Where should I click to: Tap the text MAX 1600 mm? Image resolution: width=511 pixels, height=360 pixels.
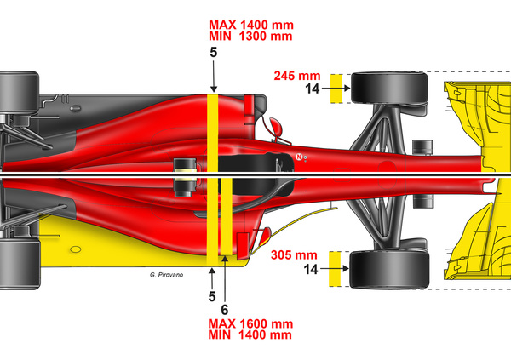pyautogui.click(x=250, y=323)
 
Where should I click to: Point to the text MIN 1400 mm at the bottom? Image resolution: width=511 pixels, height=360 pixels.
pyautogui.click(x=250, y=335)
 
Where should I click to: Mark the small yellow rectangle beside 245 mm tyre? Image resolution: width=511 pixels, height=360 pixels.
pyautogui.click(x=336, y=88)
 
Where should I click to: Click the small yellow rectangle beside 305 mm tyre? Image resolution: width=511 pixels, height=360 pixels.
pyautogui.click(x=336, y=267)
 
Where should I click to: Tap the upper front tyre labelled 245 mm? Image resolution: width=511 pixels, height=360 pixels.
pyautogui.click(x=390, y=89)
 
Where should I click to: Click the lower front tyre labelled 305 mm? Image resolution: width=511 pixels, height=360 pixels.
pyautogui.click(x=390, y=267)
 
